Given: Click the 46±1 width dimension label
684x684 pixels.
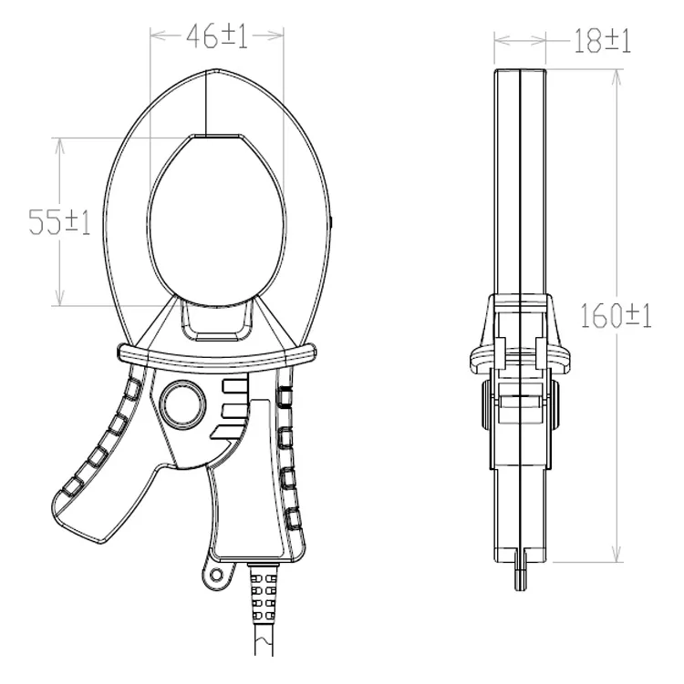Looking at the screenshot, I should tap(217, 36).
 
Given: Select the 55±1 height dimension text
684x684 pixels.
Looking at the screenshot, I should tap(59, 222).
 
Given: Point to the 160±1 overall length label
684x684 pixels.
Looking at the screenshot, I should tap(616, 315).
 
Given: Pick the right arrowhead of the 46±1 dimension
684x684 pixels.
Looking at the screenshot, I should tap(277, 36).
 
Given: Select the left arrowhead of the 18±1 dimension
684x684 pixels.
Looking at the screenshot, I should tap(500, 40).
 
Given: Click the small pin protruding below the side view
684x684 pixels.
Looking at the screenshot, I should tap(520, 576).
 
